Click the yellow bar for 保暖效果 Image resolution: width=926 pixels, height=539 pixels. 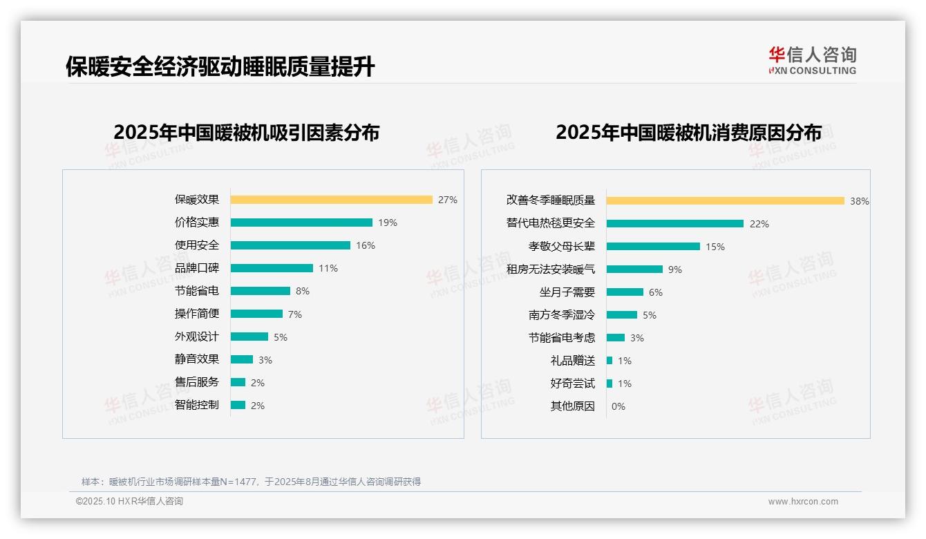click(x=331, y=200)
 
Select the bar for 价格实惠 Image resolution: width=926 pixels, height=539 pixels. click(x=301, y=223)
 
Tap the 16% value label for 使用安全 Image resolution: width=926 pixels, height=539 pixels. click(x=366, y=245)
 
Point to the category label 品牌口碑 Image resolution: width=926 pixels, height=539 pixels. click(x=196, y=268)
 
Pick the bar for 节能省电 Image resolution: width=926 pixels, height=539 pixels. click(x=261, y=291)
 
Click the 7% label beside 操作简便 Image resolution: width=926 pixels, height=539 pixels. click(x=295, y=314)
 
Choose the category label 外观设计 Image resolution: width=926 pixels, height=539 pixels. click(x=196, y=337)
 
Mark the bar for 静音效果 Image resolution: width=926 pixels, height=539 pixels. click(x=242, y=359)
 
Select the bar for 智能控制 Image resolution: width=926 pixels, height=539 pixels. click(x=238, y=405)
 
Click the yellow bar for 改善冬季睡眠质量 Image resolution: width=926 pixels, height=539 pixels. click(x=726, y=200)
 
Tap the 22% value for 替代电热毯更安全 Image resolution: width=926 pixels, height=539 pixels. click(x=759, y=224)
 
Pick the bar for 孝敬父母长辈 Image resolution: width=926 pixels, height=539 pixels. click(x=653, y=246)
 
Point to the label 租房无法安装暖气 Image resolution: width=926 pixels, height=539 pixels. click(x=550, y=269)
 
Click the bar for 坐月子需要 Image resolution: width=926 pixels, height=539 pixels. click(x=625, y=292)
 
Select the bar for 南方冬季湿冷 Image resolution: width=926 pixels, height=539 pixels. click(x=622, y=314)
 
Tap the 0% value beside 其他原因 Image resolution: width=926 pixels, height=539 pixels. click(x=618, y=406)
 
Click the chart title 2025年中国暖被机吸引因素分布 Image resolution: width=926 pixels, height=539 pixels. click(x=247, y=133)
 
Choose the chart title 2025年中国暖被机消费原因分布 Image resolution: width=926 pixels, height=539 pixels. click(x=688, y=133)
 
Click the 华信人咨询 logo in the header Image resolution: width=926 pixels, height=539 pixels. click(x=812, y=60)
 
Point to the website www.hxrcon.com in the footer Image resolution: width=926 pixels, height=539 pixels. click(x=803, y=502)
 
